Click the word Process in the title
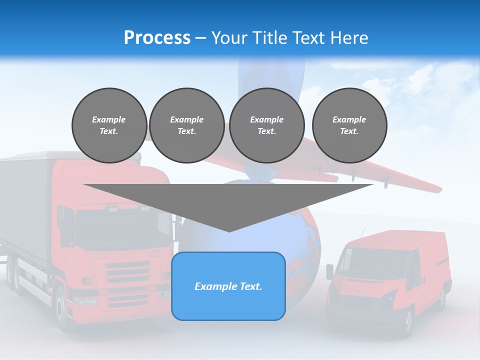(157, 38)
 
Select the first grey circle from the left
(109, 125)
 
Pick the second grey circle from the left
(186, 125)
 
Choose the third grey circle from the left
(266, 125)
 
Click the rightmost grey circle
(349, 125)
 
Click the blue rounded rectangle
(228, 286)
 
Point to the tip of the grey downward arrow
(229, 230)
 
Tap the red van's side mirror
(330, 271)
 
